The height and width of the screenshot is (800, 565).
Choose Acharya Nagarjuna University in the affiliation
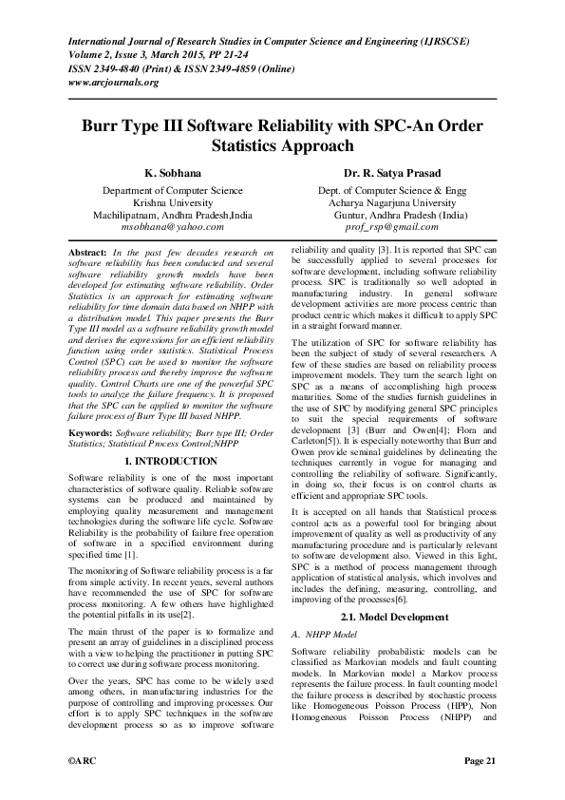point(393,202)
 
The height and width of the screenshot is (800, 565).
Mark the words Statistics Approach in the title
point(282,146)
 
